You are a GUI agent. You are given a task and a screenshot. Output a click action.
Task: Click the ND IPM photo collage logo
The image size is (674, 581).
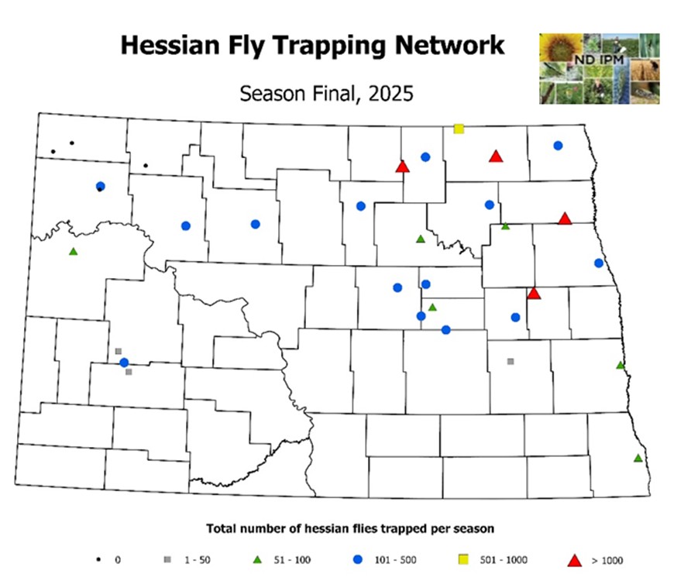pos(600,68)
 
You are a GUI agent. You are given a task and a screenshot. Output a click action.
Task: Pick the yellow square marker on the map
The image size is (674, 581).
pos(459,129)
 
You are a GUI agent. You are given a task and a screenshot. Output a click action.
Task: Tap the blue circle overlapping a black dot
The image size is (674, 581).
pos(100,186)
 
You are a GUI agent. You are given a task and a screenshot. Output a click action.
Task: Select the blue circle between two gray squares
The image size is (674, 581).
pos(124,362)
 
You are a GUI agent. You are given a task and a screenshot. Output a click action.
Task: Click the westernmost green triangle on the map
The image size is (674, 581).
pos(74,251)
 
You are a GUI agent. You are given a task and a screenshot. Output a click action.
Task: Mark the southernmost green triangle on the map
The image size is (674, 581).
pos(638,458)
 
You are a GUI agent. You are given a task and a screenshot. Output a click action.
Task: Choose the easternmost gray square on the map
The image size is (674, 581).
pos(511,361)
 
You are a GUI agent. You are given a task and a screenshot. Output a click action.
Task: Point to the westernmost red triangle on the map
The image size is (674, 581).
pos(402,167)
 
